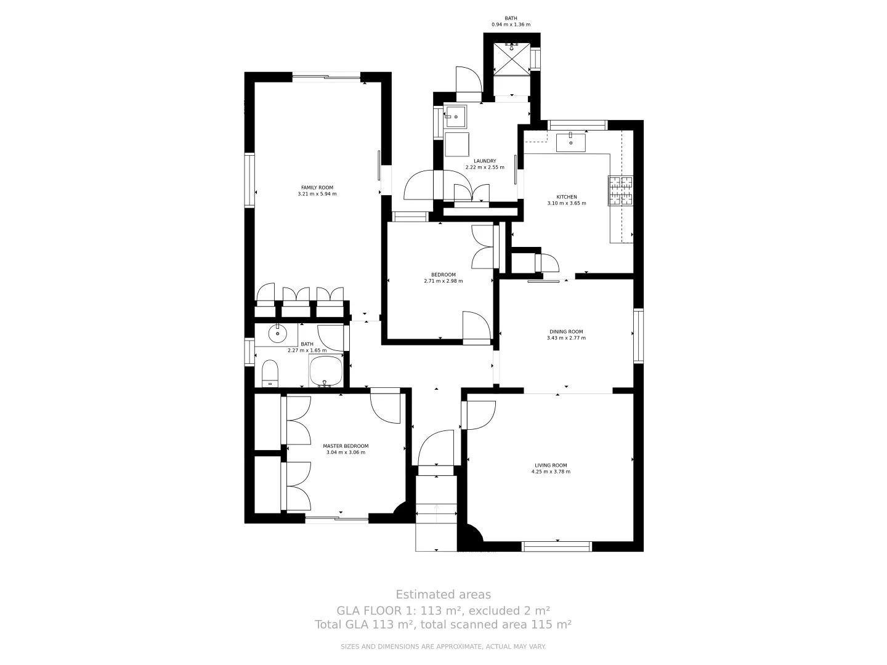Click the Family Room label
coord(317,187)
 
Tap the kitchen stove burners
coord(620,190)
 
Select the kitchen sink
coord(570,143)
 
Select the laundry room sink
coord(455,115)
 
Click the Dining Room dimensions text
coord(567,338)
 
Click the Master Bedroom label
coord(346,446)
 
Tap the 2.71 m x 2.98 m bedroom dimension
coord(443,281)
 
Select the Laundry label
coord(484,161)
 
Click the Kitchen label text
coord(567,197)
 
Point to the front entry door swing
coord(436,448)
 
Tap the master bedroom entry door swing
coord(386,407)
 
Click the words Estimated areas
coord(443,594)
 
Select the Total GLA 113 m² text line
coord(443,624)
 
